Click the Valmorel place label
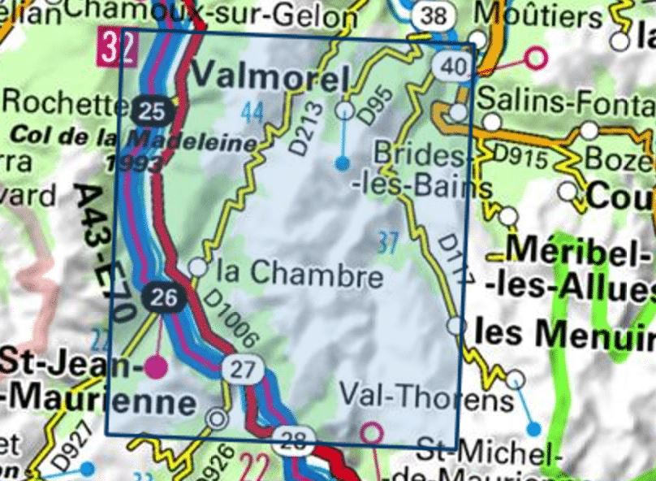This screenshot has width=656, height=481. [270, 79]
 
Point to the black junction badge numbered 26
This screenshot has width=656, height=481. [164, 298]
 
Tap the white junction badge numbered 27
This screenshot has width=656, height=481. [243, 369]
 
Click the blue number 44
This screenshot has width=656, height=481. [252, 115]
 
